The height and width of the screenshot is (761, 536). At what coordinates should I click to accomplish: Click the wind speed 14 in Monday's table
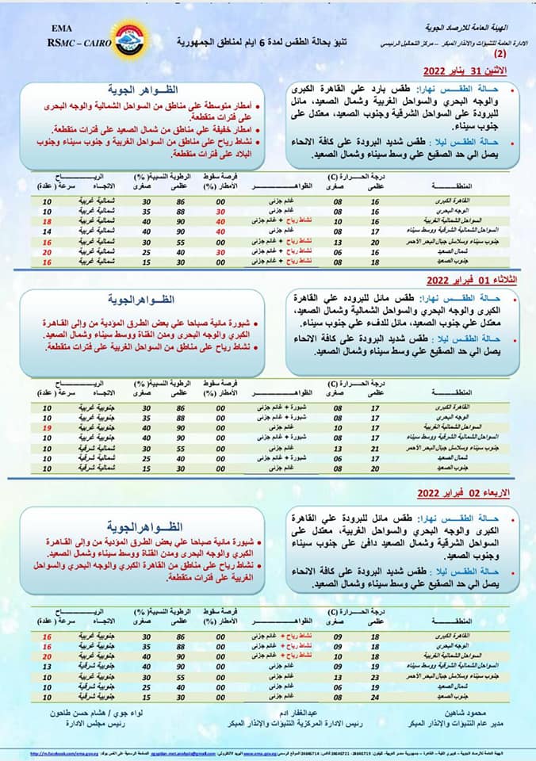[x=47, y=231]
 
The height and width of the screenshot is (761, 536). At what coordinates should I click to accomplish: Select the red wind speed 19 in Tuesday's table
[x=47, y=428]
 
